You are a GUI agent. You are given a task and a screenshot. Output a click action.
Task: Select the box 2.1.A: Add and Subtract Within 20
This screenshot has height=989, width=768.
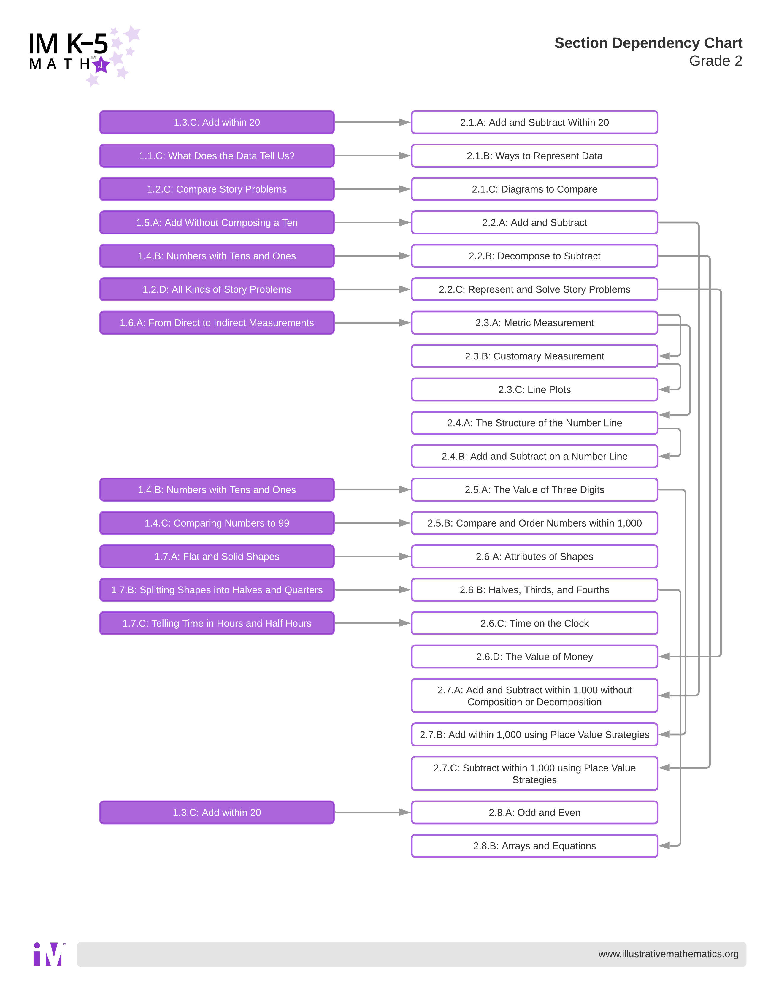(534, 122)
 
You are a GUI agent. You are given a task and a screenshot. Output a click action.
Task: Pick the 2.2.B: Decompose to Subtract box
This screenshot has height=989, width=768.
(534, 256)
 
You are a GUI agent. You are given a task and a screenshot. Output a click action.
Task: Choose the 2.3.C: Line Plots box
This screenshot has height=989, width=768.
(534, 389)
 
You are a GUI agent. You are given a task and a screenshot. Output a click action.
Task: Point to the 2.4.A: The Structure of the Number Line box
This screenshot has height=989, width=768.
(534, 423)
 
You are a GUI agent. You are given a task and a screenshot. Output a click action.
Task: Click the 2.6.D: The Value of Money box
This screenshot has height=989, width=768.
(534, 657)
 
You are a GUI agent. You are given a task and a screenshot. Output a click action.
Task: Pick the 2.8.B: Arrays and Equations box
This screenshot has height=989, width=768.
(534, 846)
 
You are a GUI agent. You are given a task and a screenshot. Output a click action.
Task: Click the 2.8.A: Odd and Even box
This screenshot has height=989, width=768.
(534, 812)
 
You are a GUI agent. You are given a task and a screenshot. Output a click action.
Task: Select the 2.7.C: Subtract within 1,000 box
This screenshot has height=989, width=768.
(534, 774)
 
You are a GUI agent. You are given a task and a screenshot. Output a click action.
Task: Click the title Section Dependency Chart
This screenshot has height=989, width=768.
(648, 43)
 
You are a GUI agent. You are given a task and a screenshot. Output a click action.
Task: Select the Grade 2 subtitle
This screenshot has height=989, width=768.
(715, 61)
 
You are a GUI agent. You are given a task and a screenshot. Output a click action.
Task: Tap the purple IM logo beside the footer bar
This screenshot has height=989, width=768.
(48, 954)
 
